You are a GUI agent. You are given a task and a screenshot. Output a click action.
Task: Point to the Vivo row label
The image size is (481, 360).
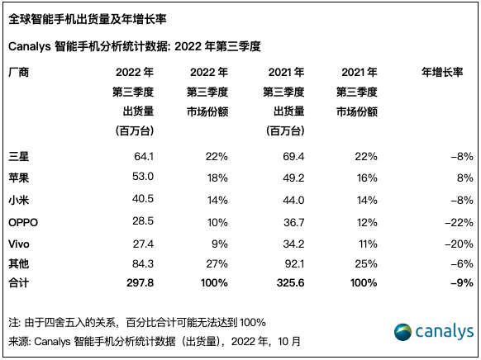click(20, 243)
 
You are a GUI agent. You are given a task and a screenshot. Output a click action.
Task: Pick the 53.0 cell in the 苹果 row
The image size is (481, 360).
click(144, 176)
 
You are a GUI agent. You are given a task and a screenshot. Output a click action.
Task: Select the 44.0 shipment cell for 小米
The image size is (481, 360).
click(293, 198)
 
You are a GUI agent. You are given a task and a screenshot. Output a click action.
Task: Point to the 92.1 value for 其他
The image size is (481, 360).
click(293, 264)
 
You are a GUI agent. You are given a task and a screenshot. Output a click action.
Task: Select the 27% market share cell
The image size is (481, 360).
click(217, 264)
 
